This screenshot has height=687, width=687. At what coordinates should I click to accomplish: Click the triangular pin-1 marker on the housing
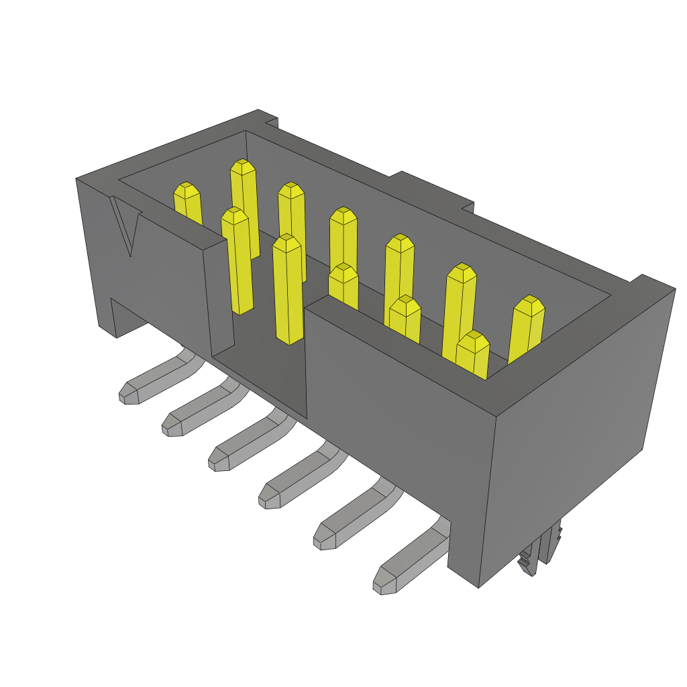[x=127, y=227]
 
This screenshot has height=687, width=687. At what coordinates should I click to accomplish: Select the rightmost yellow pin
[x=527, y=329]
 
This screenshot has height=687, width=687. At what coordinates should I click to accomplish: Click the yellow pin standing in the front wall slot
[x=288, y=290]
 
